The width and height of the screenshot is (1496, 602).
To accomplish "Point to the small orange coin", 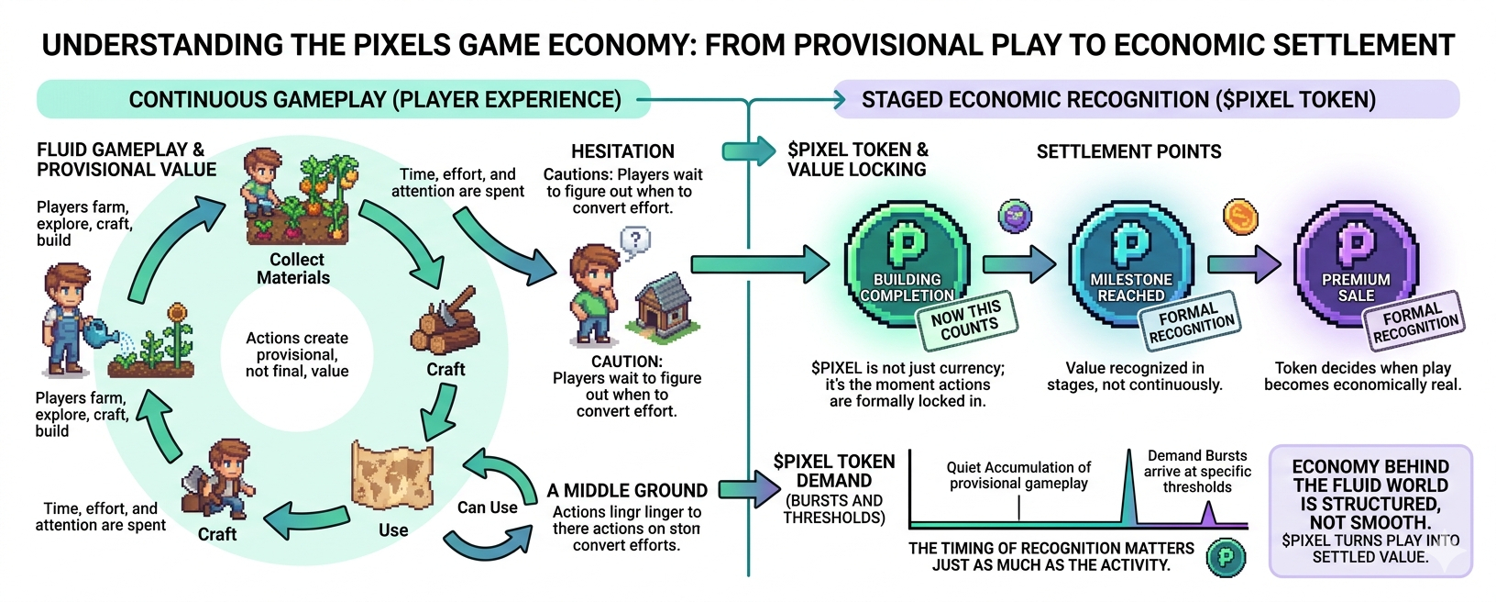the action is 1240,217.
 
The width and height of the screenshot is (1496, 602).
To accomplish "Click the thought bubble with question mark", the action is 635,241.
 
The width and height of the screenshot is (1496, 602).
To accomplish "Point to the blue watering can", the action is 104,334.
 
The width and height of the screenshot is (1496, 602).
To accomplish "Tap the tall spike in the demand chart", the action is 1128,486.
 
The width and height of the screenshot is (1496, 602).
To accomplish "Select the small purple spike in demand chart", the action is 1209,514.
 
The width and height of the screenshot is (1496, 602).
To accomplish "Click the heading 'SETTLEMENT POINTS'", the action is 1128,151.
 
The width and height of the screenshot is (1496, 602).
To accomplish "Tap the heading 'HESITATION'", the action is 622,151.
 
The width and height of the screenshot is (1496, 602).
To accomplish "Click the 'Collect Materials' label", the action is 294,269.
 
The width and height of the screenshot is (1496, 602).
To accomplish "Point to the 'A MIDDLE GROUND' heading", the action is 627,491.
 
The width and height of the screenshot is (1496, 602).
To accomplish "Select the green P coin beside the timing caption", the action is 1226,557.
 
